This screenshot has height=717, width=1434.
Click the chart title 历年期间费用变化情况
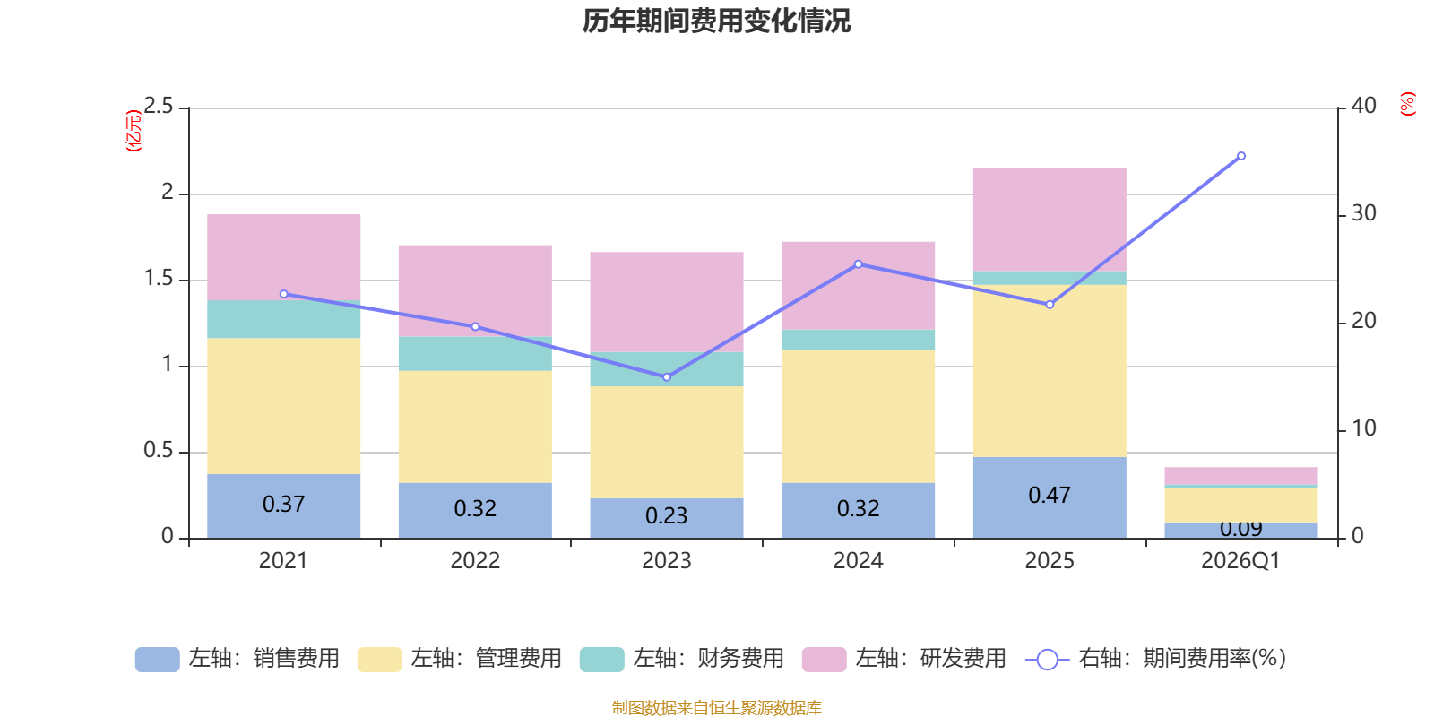(716, 21)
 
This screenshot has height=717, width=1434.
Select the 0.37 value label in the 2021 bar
(283, 505)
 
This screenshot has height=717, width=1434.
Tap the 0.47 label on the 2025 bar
(1049, 496)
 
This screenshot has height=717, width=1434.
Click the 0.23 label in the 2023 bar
(666, 516)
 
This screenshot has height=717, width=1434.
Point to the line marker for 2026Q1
(1240, 156)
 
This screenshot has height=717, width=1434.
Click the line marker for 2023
(666, 377)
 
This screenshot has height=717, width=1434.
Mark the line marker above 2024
(858, 264)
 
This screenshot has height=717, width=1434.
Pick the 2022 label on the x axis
(474, 561)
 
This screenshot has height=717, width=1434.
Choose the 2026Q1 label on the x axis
(1240, 561)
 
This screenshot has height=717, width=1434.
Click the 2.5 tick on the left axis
(159, 107)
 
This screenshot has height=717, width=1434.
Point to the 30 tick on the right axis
(1363, 213)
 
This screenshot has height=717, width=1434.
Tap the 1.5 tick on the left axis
(159, 279)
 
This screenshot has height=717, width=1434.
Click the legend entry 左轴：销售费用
(238, 659)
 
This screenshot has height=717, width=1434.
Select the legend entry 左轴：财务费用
(682, 659)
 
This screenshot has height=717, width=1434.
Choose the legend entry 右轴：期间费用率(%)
(1156, 659)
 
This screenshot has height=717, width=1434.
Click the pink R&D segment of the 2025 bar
(1049, 219)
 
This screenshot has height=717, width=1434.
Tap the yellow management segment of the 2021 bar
(283, 405)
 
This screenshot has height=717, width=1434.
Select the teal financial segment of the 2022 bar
(474, 354)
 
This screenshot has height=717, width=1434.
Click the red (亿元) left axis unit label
(134, 131)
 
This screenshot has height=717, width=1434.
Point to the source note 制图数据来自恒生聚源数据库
(716, 708)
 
